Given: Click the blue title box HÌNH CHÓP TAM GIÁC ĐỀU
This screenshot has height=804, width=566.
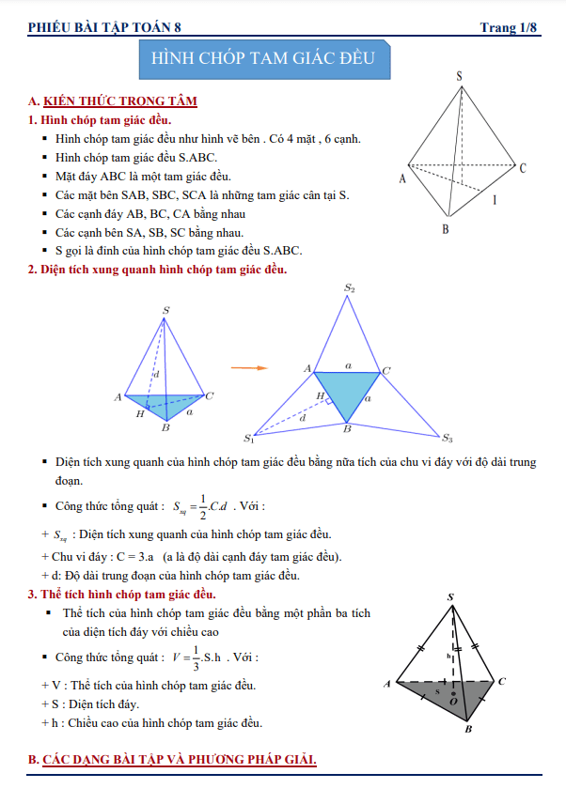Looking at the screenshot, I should (x=263, y=57).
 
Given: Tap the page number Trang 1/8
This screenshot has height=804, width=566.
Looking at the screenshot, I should (x=509, y=27).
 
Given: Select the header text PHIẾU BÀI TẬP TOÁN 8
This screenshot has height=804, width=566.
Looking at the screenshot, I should (x=104, y=27).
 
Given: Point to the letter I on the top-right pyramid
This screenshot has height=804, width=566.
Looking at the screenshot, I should (x=495, y=200).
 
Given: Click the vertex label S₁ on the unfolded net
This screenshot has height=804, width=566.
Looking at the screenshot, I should (x=249, y=439).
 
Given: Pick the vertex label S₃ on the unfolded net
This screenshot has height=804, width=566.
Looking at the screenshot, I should (x=448, y=439).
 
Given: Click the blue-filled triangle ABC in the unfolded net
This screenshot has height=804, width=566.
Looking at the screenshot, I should (x=347, y=392).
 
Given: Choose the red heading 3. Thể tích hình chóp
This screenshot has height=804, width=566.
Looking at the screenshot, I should (x=122, y=595).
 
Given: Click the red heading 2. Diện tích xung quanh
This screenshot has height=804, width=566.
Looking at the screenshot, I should (x=157, y=270).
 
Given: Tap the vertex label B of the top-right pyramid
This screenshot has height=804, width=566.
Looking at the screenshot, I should (x=446, y=229).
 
